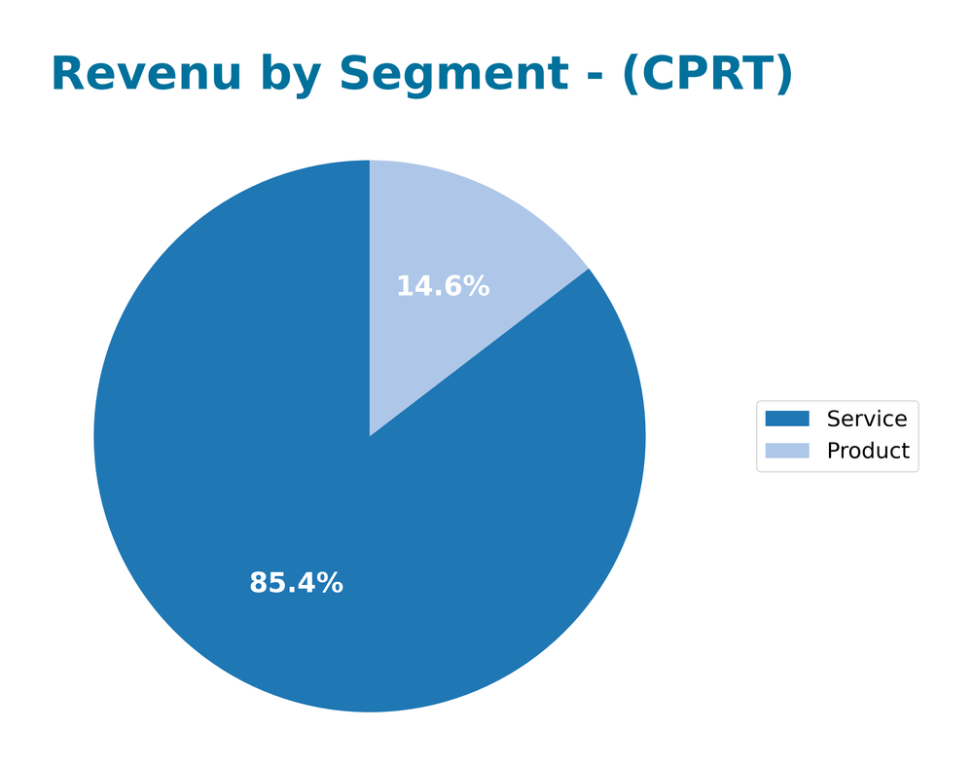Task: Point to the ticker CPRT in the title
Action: click(706, 74)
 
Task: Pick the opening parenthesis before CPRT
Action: click(631, 75)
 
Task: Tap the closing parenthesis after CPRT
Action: click(783, 75)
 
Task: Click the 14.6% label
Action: click(443, 286)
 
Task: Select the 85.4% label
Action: click(296, 583)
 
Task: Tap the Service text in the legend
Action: click(867, 419)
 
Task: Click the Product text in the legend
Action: click(868, 451)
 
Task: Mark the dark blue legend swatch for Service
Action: click(787, 419)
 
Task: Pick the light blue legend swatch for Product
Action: click(787, 451)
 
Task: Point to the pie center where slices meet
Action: click(370, 436)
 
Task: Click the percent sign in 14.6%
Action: click(477, 286)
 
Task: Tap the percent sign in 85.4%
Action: click(330, 583)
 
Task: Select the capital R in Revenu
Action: click(67, 74)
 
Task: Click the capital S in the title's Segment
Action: click(356, 74)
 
